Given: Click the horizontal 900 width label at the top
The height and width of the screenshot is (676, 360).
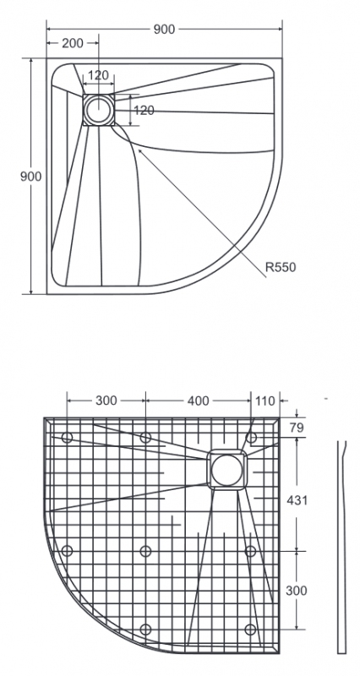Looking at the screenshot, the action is coord(164,30).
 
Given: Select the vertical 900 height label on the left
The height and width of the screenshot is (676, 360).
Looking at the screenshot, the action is coord(31,177).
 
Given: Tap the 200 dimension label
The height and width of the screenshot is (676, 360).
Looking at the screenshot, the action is coord(73,43).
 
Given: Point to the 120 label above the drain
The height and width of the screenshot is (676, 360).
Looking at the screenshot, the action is coord(98,75).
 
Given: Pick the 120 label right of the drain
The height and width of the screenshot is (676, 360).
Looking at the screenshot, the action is coord(144,111).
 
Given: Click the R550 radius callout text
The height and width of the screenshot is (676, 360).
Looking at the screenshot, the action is coord(281,267).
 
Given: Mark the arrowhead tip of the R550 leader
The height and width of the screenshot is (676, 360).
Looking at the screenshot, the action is coord(138,149).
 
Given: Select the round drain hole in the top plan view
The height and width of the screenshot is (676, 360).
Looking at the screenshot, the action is coord(98,110).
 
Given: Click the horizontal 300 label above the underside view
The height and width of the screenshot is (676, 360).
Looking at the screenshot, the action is coord(106,401).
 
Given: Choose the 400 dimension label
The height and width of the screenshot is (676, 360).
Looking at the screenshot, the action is coord(199,401).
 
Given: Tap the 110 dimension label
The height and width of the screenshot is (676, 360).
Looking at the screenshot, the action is coord(265,401).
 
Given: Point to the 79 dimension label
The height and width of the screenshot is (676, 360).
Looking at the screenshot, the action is coord(297,428).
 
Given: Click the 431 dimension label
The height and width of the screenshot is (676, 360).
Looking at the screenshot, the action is coord(297,500).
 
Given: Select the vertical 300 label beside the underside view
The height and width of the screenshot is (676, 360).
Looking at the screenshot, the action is coord(297,591).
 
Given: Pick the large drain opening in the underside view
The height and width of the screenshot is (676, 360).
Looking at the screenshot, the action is coord(226,470).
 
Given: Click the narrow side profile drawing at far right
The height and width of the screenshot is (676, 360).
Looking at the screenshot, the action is coord(342,547).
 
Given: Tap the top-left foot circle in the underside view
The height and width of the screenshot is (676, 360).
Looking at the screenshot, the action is coord(67,438).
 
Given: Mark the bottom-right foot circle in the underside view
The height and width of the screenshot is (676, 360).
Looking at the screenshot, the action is coord(250,630).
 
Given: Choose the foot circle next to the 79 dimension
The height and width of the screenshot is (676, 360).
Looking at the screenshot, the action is coord(251,438).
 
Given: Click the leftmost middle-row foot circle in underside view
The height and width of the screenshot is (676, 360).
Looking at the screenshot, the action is coord(67,551).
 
